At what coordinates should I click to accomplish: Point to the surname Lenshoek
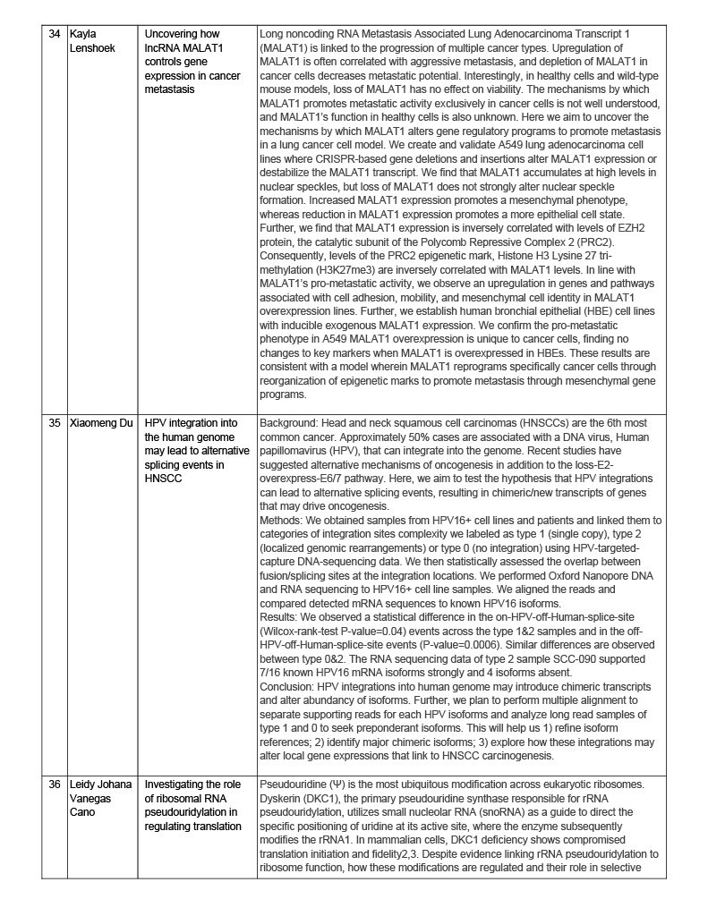coord(95,47)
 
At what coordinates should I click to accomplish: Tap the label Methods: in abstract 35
coord(282,521)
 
